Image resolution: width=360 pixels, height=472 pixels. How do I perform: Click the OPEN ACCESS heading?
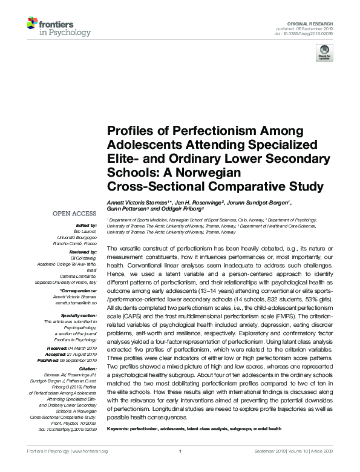pyautogui.click(x=74, y=214)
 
